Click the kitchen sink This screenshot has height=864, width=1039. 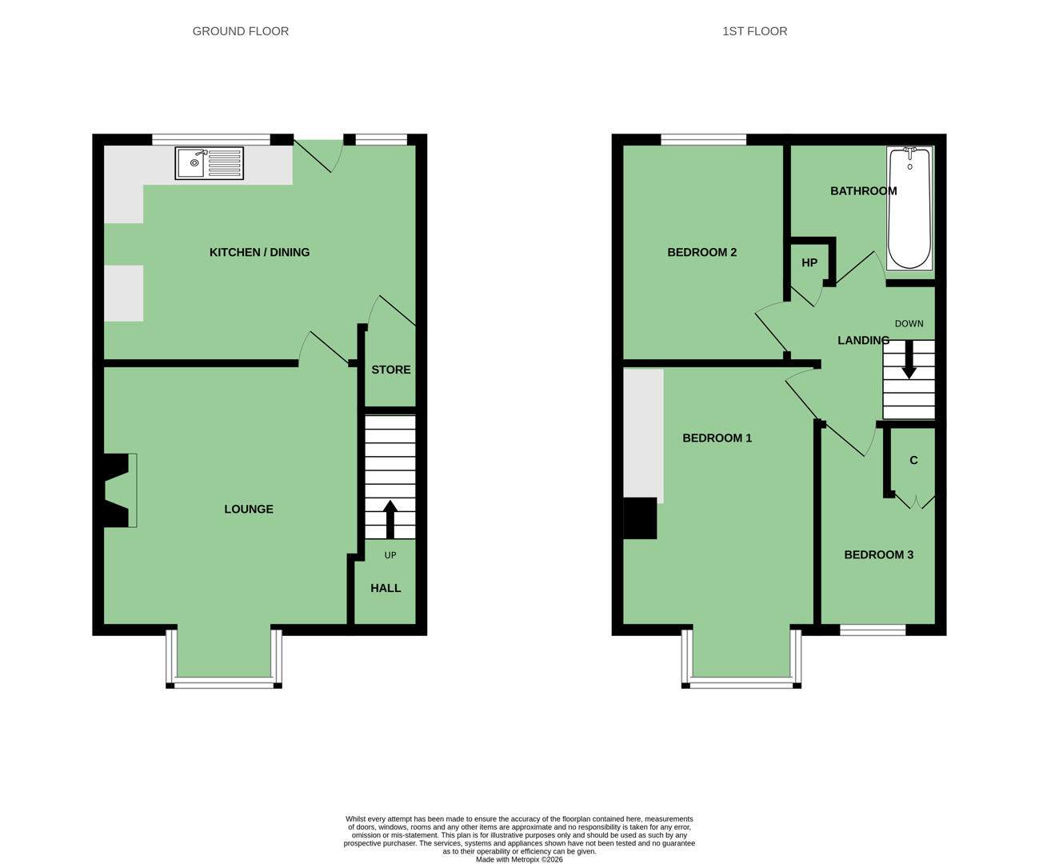click(209, 162)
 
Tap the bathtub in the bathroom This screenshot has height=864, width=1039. click(909, 208)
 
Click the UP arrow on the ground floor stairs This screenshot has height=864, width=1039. click(390, 519)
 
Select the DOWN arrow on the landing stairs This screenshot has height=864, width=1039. click(909, 359)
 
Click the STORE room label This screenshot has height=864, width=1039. click(391, 370)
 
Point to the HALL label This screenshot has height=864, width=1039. click(386, 588)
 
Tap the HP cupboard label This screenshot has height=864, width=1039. click(809, 262)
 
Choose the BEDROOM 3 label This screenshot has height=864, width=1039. click(879, 555)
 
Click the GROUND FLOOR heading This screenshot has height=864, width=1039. click(240, 31)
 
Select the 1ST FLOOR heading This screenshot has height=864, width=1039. click(755, 31)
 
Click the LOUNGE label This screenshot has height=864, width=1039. click(249, 509)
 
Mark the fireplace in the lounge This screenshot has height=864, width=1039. click(119, 490)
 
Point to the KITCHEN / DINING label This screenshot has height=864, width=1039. click(259, 252)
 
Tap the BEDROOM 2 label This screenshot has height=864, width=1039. click(702, 252)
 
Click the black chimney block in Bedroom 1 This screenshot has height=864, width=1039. click(640, 518)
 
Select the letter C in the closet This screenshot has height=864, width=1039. click(913, 460)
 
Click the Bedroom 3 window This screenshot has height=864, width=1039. click(873, 630)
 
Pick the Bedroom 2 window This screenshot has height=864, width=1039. click(704, 140)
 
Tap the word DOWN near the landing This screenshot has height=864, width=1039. click(909, 323)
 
